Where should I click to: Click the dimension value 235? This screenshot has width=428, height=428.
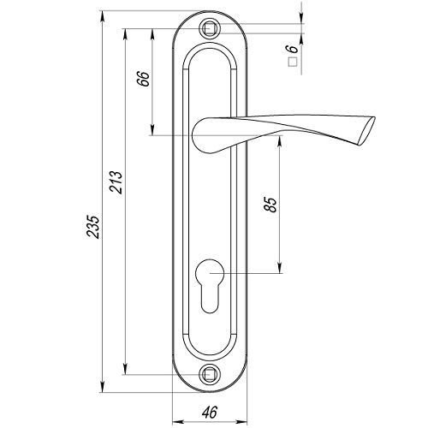tap(93, 227)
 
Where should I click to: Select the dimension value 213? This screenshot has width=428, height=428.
tap(116, 182)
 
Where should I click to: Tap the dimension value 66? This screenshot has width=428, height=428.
tap(144, 79)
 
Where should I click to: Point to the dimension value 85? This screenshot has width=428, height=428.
tap(270, 205)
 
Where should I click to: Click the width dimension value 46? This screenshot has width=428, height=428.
tap(210, 412)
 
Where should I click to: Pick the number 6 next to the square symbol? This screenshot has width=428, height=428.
tap(292, 49)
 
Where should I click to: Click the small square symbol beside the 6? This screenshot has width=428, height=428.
tap(293, 62)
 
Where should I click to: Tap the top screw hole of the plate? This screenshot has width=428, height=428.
tap(210, 29)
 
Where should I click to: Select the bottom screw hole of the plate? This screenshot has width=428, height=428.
tap(210, 374)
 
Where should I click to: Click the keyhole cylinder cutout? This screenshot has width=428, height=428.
tap(210, 286)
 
